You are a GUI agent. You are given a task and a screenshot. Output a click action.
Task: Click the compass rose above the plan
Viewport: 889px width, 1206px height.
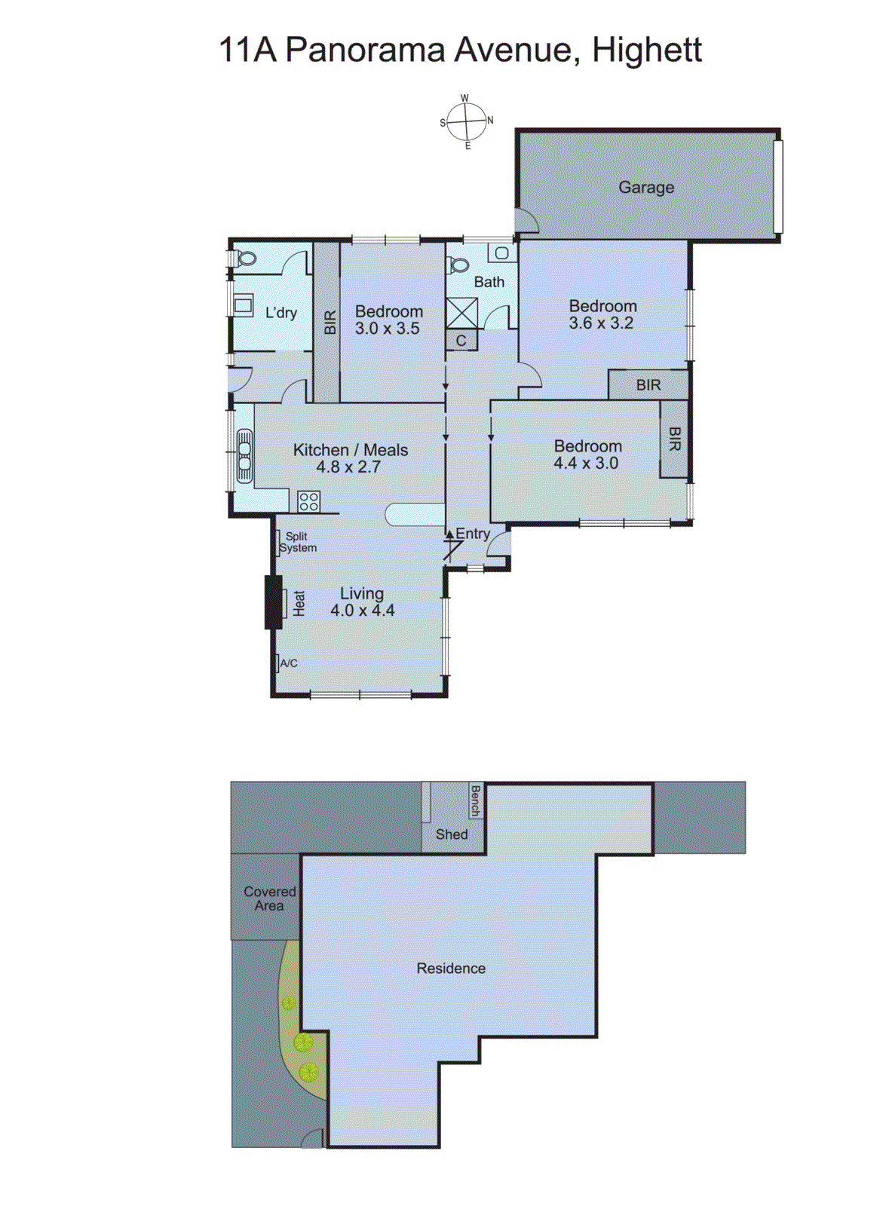pyautogui.click(x=466, y=121)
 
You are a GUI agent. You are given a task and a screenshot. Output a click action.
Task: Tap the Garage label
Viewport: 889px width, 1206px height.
pyautogui.click(x=646, y=187)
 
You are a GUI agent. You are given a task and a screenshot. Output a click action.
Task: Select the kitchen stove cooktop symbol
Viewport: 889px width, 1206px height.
pyautogui.click(x=308, y=501)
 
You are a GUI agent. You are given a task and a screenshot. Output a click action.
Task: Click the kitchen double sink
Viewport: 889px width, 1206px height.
pyautogui.click(x=244, y=455)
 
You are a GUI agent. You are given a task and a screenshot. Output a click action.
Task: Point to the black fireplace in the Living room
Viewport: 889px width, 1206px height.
pyautogui.click(x=273, y=602)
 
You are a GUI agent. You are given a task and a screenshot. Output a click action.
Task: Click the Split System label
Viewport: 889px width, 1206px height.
pyautogui.click(x=297, y=542)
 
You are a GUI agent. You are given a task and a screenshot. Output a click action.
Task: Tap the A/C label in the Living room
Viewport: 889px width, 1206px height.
pyautogui.click(x=289, y=663)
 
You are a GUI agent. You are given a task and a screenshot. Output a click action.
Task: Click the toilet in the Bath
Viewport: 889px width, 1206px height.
pyautogui.click(x=458, y=266)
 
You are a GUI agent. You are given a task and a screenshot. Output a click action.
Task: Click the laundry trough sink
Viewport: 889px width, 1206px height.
pyautogui.click(x=243, y=305)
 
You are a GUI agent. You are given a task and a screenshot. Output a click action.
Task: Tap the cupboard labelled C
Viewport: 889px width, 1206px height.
pyautogui.click(x=461, y=341)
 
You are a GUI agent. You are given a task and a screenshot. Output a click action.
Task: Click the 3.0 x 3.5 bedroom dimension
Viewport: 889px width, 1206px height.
pyautogui.click(x=388, y=329)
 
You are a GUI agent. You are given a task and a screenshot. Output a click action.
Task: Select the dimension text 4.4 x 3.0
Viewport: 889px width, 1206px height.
pyautogui.click(x=586, y=463)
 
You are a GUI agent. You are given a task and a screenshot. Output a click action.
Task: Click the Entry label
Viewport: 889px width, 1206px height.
pyautogui.click(x=473, y=534)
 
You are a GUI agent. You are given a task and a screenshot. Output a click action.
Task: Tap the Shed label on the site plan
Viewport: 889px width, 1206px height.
pyautogui.click(x=452, y=834)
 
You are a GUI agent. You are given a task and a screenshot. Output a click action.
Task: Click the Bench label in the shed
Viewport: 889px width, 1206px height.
pyautogui.click(x=475, y=801)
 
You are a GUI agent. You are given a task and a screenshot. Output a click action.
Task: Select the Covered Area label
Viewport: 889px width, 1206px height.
pyautogui.click(x=269, y=898)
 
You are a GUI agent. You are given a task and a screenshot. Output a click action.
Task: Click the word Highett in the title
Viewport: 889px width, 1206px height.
pyautogui.click(x=647, y=51)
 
